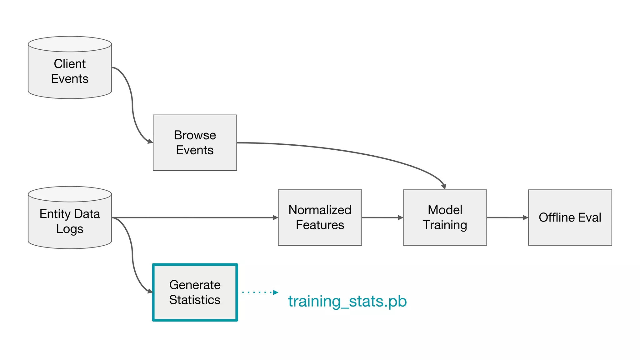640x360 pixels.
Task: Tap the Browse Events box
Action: click(195, 142)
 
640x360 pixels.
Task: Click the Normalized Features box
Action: click(320, 217)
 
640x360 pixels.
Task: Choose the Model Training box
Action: click(445, 217)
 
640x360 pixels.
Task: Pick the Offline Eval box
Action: click(570, 217)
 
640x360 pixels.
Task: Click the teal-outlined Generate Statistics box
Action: click(195, 292)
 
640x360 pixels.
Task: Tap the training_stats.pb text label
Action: click(347, 301)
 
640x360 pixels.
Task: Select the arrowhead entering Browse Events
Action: click(150, 142)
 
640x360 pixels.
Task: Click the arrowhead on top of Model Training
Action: click(444, 187)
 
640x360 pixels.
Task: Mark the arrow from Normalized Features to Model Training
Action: click(382, 217)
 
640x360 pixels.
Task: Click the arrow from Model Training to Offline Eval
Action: click(507, 217)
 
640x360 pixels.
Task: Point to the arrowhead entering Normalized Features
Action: click(275, 217)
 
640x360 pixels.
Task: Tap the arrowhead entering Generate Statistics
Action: click(150, 291)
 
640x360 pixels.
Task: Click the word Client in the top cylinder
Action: click(70, 64)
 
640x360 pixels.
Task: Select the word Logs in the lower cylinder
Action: click(70, 229)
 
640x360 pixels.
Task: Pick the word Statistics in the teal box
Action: click(195, 300)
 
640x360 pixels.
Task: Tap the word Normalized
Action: click(320, 210)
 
